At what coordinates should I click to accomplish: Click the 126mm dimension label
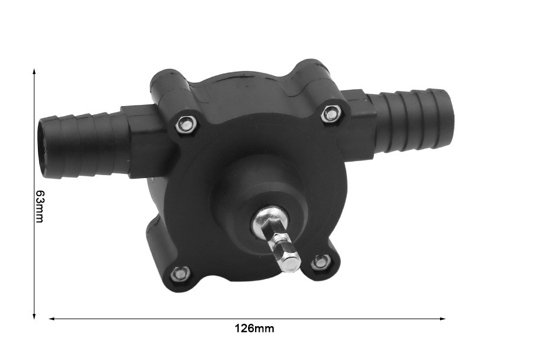[x=254, y=328]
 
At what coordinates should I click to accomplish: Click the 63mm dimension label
[x=40, y=207]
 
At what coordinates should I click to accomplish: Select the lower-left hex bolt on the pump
[x=180, y=273]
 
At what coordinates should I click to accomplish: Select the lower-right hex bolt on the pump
[x=321, y=262]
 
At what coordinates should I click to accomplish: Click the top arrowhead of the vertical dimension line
[x=34, y=71]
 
